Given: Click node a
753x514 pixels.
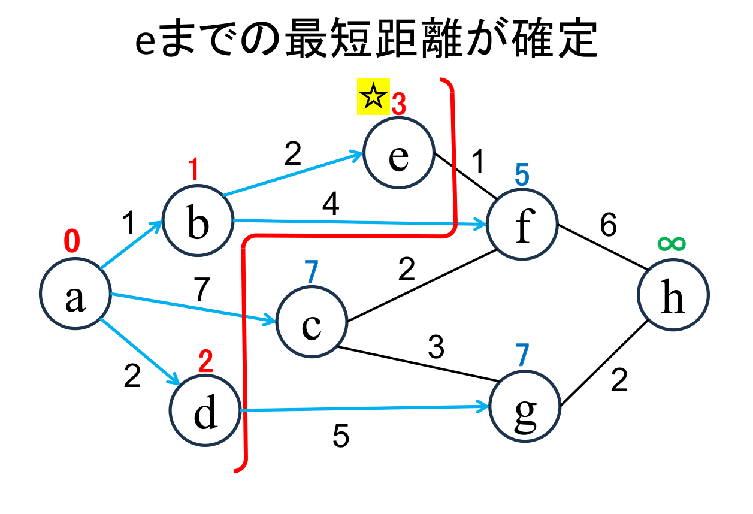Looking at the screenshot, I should [x=75, y=295].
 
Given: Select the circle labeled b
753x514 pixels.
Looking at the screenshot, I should [x=198, y=221].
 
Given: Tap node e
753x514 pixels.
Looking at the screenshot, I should [x=398, y=155].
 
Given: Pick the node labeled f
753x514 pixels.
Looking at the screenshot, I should [x=522, y=225].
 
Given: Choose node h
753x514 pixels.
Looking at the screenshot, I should [x=673, y=295].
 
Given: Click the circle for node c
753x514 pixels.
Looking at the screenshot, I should [x=312, y=323].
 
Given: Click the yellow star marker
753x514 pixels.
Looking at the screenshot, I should [x=373, y=96].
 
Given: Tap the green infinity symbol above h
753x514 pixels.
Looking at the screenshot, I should [x=671, y=243].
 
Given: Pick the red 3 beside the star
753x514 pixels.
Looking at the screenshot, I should [x=399, y=105].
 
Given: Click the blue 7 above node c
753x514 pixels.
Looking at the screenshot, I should [x=311, y=273].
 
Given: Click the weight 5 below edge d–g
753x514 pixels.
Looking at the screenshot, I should [x=341, y=437].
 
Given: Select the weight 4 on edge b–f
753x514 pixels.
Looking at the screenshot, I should [x=331, y=205].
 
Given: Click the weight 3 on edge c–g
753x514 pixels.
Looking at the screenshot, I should [x=436, y=347].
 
